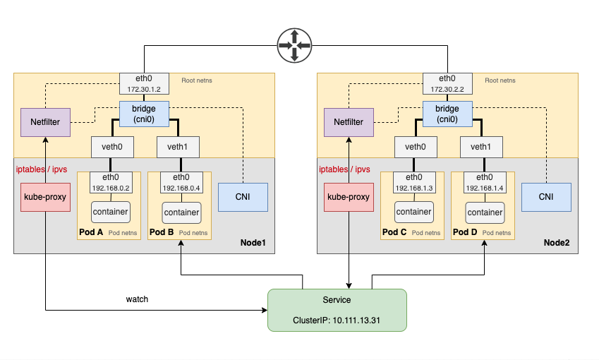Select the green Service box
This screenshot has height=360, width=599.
[x=337, y=310]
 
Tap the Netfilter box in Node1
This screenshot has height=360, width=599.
[x=44, y=121]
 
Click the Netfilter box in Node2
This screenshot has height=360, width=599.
[x=349, y=121]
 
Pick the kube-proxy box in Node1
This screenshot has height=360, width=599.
[x=45, y=197]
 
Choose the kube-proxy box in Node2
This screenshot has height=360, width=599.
[x=349, y=197]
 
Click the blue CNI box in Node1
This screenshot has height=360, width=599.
[x=243, y=197]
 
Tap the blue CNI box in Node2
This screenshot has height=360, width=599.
[x=546, y=197]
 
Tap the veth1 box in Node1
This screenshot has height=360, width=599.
[x=177, y=147]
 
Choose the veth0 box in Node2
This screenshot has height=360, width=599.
[x=415, y=147]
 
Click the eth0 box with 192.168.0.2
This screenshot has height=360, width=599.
[x=110, y=183]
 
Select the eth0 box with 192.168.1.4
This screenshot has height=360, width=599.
[x=485, y=183]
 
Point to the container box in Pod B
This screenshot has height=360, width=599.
[x=181, y=212]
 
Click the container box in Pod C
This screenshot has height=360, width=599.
[x=414, y=211]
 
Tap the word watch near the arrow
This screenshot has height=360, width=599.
[x=137, y=299]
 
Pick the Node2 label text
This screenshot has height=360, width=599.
[x=557, y=242]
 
